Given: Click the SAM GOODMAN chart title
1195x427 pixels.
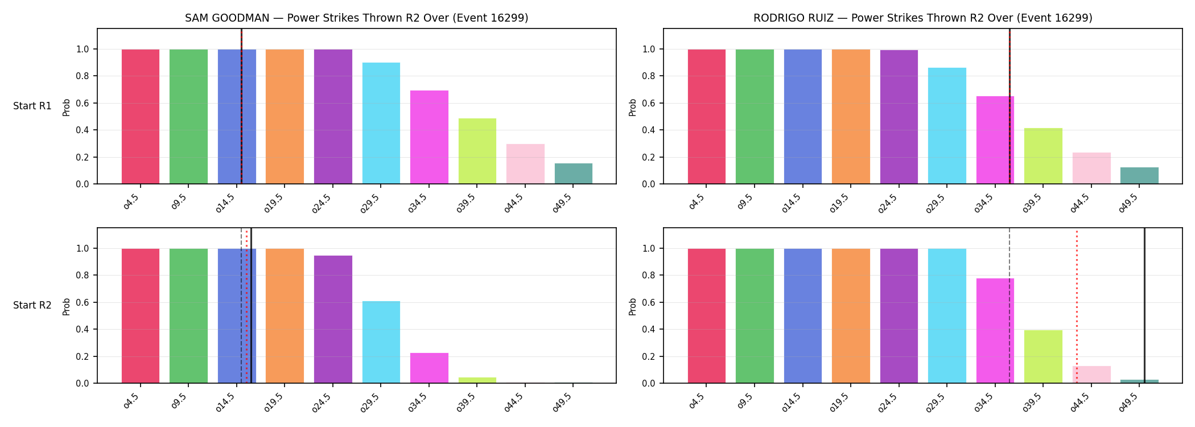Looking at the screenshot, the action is (x=356, y=18).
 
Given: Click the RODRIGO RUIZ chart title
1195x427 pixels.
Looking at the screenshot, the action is (x=922, y=18).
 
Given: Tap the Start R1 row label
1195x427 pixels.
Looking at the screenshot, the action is (x=32, y=106).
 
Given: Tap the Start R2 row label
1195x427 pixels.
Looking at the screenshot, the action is (x=32, y=305).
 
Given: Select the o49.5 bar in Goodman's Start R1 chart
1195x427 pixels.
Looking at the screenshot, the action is (x=574, y=174).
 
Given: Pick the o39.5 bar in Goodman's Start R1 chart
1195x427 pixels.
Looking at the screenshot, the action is (x=477, y=151).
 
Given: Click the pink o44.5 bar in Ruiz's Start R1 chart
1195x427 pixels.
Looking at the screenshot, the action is (x=1091, y=168).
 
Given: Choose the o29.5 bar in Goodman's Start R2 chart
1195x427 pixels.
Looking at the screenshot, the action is (x=381, y=342).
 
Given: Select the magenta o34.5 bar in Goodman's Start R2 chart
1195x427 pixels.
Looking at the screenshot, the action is (x=429, y=368).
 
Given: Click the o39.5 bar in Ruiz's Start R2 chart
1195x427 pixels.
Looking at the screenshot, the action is (x=1043, y=356).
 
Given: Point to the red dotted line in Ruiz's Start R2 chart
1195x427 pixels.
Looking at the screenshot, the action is (x=1077, y=306).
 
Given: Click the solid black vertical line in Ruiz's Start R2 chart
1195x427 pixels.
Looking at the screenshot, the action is (x=1144, y=306).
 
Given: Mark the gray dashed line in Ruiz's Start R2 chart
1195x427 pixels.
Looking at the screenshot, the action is (x=1009, y=306).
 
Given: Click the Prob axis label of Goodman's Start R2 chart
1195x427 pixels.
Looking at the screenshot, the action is (x=67, y=306).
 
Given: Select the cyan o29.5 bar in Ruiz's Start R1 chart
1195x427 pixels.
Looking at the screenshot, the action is (x=947, y=126).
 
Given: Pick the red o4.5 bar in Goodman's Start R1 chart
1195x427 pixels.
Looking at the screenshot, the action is (x=141, y=117).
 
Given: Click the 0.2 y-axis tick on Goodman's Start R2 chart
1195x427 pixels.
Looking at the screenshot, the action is (x=83, y=356).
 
